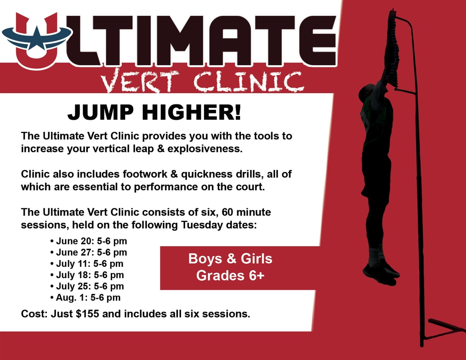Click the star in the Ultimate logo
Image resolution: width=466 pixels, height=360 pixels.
point(37,37)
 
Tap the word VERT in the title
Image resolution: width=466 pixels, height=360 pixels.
point(140,81)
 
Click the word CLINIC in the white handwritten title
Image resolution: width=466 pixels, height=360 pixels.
point(249,81)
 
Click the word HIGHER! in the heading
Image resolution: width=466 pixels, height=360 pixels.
point(191,112)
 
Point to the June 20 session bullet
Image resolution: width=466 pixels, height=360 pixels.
point(89,241)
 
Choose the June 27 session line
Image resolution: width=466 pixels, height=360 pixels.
point(89,252)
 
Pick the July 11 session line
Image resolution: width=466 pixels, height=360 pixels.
point(87,263)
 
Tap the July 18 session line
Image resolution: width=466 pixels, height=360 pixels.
point(87,275)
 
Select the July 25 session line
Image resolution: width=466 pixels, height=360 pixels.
point(87,286)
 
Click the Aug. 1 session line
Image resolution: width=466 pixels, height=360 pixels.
point(85,297)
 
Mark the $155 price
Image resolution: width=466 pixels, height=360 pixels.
point(87,314)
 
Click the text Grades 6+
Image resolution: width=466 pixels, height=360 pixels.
point(231,276)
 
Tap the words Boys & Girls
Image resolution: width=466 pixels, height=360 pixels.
point(231,258)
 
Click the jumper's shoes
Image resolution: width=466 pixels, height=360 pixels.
point(381,272)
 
